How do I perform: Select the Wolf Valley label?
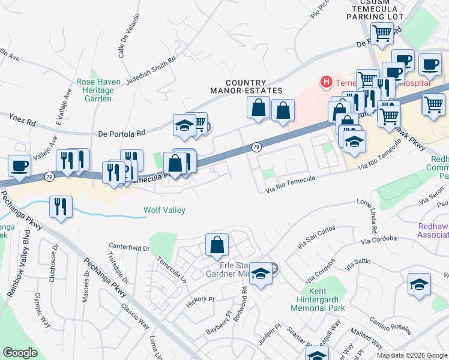164,210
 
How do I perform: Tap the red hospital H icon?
327,81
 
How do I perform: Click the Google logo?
20,353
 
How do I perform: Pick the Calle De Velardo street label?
128,36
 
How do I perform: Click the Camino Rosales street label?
390,326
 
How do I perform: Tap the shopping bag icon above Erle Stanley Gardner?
217,244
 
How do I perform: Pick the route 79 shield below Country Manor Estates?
256,146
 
